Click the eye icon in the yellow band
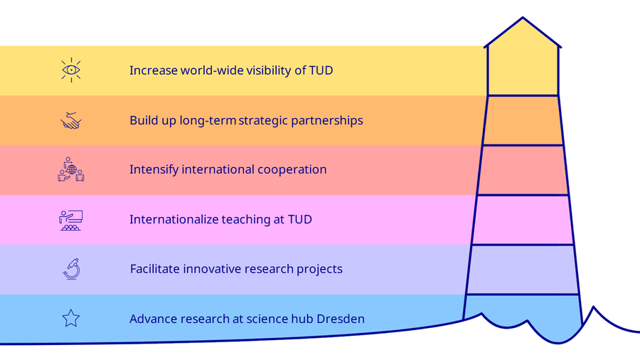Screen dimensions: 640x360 (71, 70)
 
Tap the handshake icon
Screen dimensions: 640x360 (71, 120)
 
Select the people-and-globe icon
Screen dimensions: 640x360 (71, 169)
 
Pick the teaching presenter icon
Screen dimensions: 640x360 (71, 221)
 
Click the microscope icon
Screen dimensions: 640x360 (72, 269)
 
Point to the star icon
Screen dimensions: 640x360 (71, 318)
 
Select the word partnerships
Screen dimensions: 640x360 (327, 121)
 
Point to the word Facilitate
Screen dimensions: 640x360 (155, 269)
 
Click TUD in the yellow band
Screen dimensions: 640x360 (321, 70)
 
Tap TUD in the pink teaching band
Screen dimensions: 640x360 (299, 220)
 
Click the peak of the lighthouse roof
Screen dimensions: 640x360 (523, 18)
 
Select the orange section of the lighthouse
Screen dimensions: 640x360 (523, 120)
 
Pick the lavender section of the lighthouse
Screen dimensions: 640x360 (523, 270)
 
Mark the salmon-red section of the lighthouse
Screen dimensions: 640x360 (523, 170)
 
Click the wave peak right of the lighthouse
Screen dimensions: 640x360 (594, 307)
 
